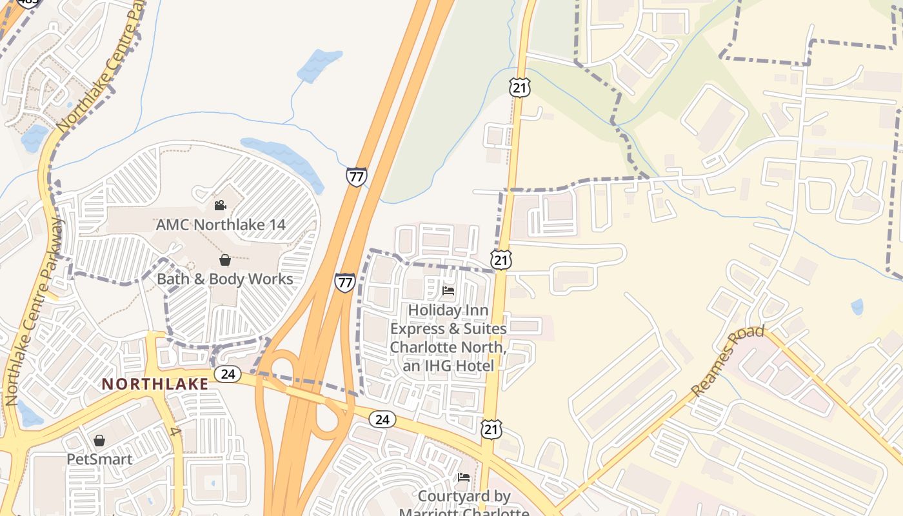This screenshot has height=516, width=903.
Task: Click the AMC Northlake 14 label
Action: [x=221, y=225]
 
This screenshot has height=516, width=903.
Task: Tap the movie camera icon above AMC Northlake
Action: [x=220, y=205]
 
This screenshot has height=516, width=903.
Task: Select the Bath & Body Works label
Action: [x=224, y=279]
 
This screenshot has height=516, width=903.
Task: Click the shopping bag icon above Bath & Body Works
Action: [x=224, y=260]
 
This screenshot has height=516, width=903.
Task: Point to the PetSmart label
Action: [x=99, y=459]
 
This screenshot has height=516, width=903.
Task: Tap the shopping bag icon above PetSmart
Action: [x=99, y=441]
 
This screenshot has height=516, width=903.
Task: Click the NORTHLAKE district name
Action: [x=155, y=384]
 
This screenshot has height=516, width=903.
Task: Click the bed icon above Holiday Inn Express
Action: [x=448, y=291]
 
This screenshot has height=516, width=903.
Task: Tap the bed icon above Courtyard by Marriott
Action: [x=464, y=477]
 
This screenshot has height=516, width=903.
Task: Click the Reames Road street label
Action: [x=727, y=361]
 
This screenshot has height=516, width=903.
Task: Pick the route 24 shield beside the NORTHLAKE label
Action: [x=228, y=373]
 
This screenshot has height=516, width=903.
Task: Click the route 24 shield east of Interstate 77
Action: [x=382, y=419]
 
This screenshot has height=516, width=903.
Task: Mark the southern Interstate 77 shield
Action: [x=345, y=283]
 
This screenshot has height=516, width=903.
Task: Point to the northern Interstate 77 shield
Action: [x=356, y=177]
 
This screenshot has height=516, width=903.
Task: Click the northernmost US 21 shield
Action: [x=519, y=88]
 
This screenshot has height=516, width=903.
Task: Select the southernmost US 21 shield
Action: [x=491, y=428]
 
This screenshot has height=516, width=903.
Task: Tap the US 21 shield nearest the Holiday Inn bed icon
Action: [x=501, y=259]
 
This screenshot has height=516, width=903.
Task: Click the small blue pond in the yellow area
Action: [x=857, y=307]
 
